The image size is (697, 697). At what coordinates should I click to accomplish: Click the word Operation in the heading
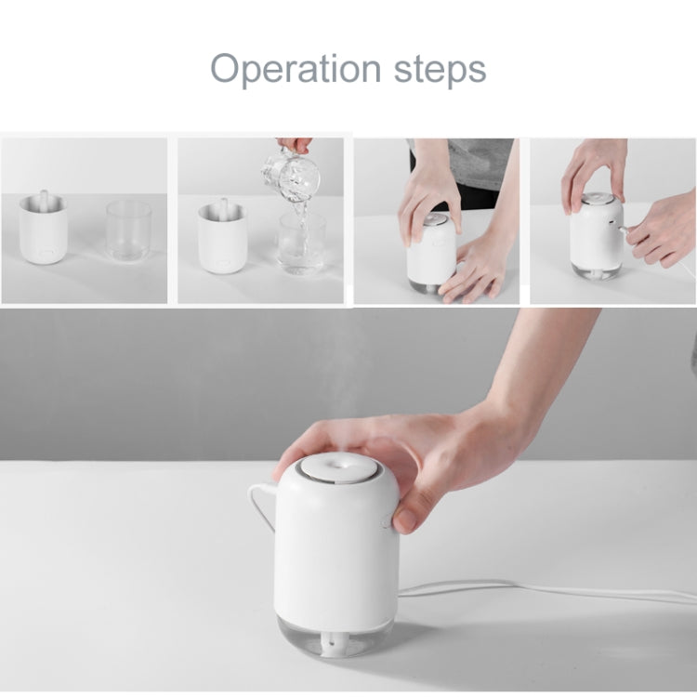(295, 69)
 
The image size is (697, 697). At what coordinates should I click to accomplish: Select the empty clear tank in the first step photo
(128, 230)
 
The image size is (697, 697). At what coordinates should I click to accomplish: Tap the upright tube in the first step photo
(43, 202)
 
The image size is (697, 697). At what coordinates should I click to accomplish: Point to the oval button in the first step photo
(44, 251)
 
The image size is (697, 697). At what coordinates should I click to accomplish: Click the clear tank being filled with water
(302, 243)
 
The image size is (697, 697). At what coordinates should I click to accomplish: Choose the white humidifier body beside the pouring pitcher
(221, 238)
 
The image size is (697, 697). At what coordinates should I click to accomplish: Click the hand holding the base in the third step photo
(474, 270)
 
